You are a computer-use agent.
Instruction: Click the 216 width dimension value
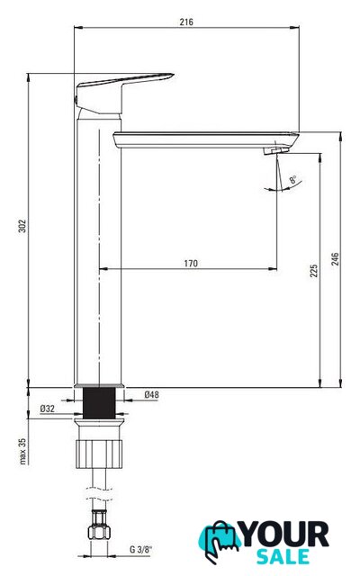tap(186, 22)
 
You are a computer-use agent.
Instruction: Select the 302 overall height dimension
tap(22, 226)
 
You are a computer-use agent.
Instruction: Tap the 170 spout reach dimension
tap(191, 264)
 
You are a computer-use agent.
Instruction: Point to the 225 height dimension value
tap(314, 271)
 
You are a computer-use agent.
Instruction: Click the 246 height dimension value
tap(335, 259)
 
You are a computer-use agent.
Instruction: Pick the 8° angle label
tap(292, 180)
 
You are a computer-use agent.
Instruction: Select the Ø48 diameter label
tap(151, 394)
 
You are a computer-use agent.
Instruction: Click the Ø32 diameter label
tap(48, 409)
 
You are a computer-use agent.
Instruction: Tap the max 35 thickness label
tap(22, 452)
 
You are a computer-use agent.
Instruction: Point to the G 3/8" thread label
tap(140, 550)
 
